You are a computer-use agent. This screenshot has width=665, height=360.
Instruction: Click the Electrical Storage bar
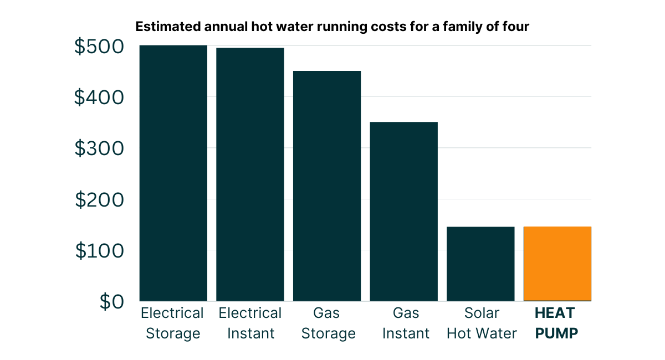click(173, 173)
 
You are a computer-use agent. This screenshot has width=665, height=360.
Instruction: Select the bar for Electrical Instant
click(250, 174)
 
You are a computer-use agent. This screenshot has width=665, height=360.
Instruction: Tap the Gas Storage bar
click(327, 186)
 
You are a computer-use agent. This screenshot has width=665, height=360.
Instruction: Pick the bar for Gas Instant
click(404, 211)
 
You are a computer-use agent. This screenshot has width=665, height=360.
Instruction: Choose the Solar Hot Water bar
click(480, 264)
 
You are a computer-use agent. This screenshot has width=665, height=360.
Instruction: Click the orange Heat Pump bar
click(557, 264)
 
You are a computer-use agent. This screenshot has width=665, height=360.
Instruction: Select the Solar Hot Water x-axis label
click(482, 323)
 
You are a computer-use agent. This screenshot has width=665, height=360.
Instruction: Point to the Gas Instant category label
click(406, 323)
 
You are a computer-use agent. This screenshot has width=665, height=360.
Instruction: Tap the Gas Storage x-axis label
click(326, 323)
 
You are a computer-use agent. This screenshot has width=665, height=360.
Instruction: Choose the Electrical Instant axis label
click(250, 323)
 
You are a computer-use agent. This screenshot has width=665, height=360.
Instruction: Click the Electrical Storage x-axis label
click(172, 323)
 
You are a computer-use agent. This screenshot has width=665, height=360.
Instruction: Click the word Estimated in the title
click(162, 27)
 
